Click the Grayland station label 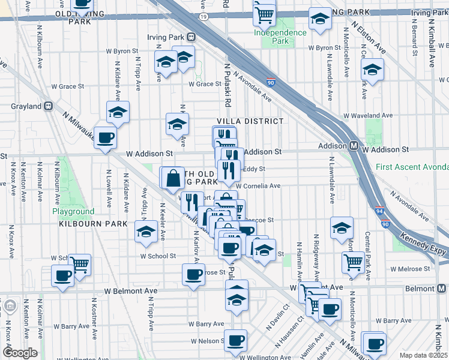(26, 106)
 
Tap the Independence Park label (280, 37)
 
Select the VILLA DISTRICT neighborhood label (250, 121)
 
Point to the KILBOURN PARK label (93, 224)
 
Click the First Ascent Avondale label (412, 167)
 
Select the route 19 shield (204, 17)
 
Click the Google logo (20, 353)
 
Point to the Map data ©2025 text (423, 355)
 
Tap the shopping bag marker (173, 178)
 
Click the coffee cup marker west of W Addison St (106, 138)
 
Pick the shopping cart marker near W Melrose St (354, 262)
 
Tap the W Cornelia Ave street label (262, 186)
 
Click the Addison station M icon (355, 146)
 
